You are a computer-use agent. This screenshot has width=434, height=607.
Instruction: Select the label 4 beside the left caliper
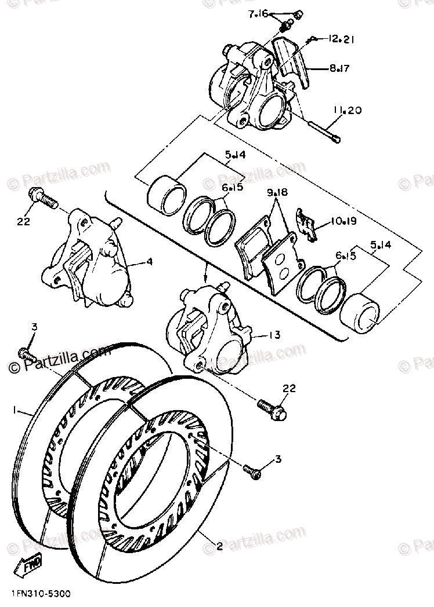[149, 261]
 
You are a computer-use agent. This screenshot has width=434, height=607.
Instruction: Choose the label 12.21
[341, 39]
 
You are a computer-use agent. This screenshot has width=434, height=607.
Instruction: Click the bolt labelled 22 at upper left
[42, 199]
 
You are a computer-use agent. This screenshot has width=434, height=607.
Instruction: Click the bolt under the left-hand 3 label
[27, 352]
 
